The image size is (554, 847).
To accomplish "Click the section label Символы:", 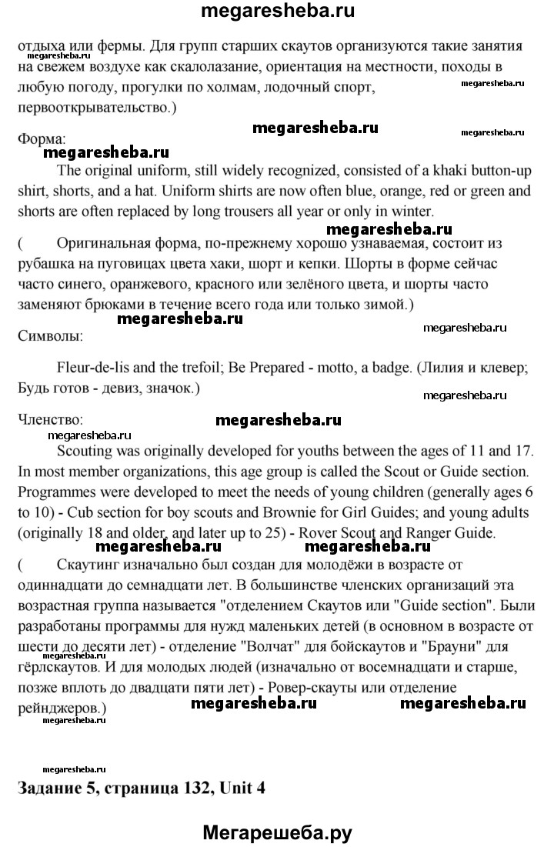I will [50, 336].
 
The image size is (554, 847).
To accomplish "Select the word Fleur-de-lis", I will [94, 368].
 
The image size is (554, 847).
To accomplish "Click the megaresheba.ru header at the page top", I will [277, 12].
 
